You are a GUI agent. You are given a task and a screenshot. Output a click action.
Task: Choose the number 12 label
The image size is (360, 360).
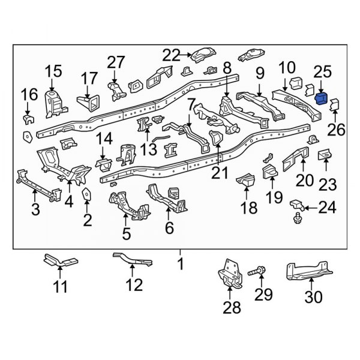[134, 285]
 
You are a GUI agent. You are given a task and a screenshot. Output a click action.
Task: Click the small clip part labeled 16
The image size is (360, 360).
[27, 117]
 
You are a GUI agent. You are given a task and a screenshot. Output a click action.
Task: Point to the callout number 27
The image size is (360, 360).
[116, 62]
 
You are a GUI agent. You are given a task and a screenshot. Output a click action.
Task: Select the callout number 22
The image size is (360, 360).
[172, 55]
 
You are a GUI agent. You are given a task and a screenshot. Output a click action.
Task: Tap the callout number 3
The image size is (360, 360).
[35, 209]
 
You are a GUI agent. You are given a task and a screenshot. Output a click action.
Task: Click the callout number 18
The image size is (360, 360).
[248, 208]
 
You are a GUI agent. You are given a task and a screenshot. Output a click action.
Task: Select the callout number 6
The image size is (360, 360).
[169, 227]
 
